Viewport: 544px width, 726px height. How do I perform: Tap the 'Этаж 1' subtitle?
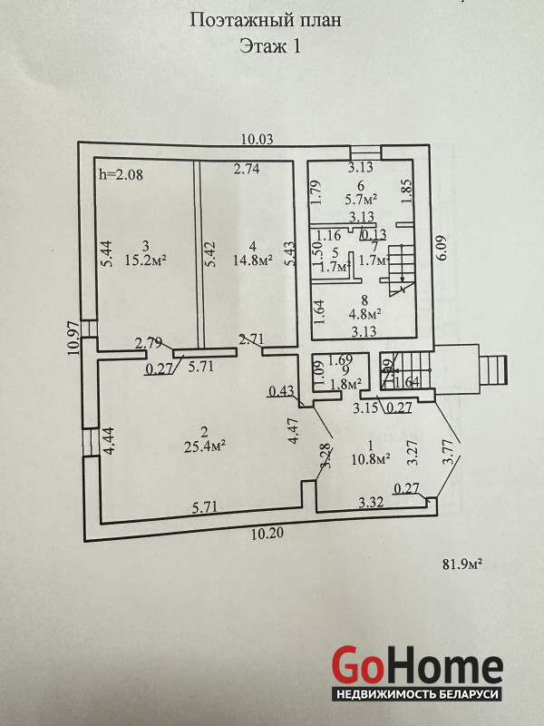point(269,48)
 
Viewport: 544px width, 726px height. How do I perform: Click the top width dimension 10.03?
point(257,140)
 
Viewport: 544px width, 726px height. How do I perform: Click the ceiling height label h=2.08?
point(120,173)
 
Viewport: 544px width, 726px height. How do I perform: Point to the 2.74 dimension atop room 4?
point(247,169)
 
